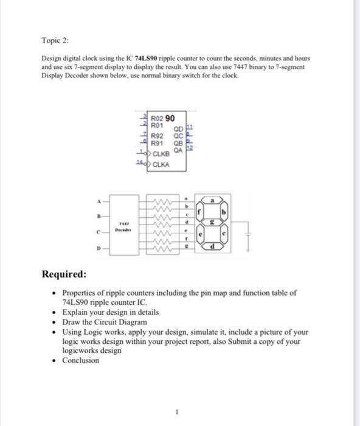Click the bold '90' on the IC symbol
pos(171,117)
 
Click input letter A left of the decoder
pos(96,201)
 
